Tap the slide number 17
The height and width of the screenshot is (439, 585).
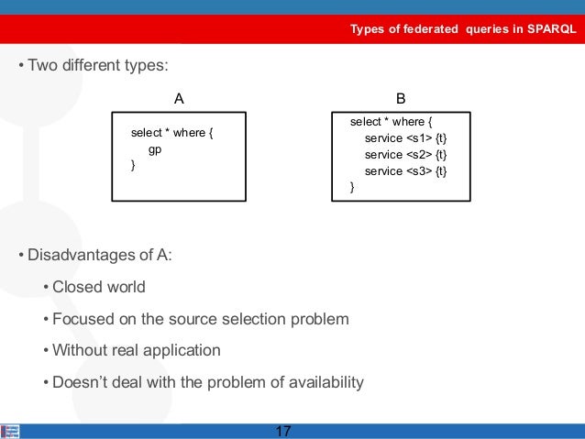283,431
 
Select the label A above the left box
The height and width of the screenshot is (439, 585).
180,97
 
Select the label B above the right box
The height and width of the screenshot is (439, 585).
401,97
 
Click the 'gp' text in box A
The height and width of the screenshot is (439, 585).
155,148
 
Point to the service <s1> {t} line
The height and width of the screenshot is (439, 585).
405,137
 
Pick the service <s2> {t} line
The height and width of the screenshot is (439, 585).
405,154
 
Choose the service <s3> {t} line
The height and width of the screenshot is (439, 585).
405,170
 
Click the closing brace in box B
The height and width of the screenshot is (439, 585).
352,187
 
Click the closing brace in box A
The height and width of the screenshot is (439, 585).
133,165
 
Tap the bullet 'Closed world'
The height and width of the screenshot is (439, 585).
99,287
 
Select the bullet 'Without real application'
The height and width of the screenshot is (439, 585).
137,350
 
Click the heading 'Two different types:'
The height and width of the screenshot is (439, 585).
99,66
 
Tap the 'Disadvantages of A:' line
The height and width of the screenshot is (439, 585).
99,254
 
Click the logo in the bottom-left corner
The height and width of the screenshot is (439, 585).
10,431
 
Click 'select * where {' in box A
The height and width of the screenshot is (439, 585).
171,133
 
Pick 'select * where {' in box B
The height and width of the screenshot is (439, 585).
392,121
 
